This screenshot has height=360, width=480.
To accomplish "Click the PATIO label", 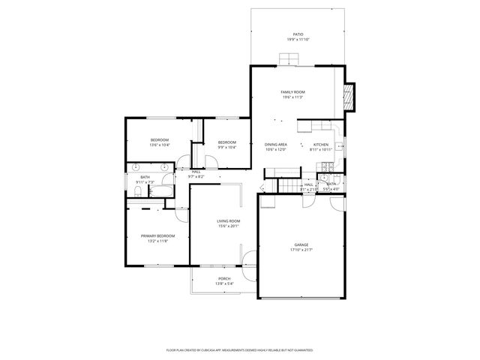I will point(298,34).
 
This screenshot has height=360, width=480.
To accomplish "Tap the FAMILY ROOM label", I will point(293,92).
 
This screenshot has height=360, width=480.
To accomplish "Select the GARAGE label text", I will point(301,245).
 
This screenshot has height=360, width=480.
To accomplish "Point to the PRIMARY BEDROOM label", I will point(158,236).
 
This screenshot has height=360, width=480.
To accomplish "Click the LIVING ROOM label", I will point(228,220).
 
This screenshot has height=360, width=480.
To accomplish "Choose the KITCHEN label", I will point(320,145).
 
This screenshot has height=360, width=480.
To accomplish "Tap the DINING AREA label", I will point(276,145).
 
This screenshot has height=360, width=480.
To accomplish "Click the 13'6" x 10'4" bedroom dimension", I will point(159,145).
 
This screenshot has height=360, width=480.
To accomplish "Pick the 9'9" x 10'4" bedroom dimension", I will point(227,147).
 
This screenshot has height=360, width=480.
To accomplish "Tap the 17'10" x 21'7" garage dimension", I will point(301,250).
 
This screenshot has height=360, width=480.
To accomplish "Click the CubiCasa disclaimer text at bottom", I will point(239,349).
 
